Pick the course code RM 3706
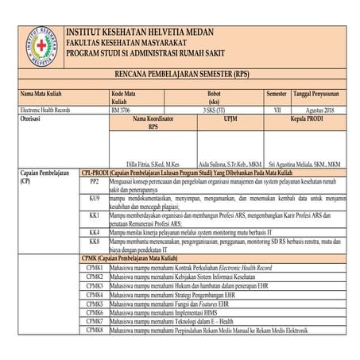(125, 110)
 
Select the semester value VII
(277, 110)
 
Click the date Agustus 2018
(321, 110)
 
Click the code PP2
(95, 182)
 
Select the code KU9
(95, 198)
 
